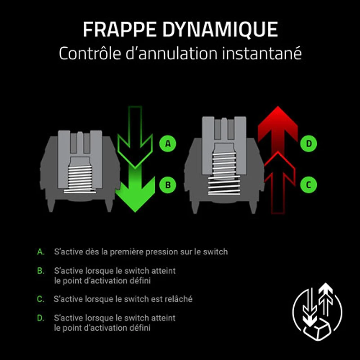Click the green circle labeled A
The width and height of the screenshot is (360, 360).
pyautogui.click(x=168, y=144)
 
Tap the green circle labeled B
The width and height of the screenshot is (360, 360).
pyautogui.click(x=168, y=185)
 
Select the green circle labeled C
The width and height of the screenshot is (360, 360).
pyautogui.click(x=309, y=185)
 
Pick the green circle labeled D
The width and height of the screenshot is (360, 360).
pyautogui.click(x=309, y=144)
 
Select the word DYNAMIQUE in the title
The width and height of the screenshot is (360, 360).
pyautogui.click(x=220, y=30)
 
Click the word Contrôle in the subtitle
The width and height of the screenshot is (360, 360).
pyautogui.click(x=90, y=54)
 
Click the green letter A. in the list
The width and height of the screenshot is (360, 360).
pyautogui.click(x=41, y=252)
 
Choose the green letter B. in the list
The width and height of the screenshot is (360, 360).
pyautogui.click(x=41, y=271)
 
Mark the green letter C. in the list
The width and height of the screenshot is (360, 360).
pyautogui.click(x=40, y=299)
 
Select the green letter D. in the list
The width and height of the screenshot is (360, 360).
pyautogui.click(x=40, y=318)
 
